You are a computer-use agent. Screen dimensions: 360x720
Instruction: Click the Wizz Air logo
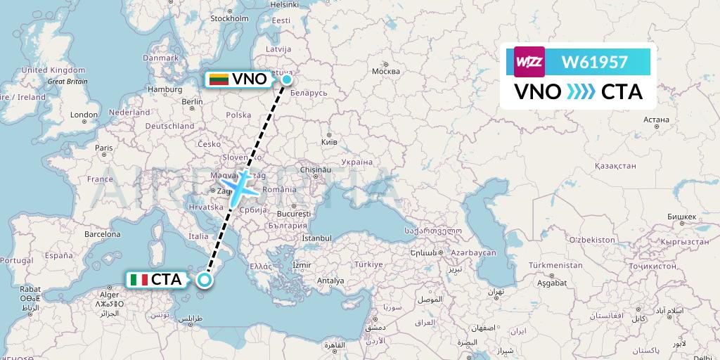click(529, 62)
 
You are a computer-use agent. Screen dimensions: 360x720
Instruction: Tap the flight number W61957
click(594, 63)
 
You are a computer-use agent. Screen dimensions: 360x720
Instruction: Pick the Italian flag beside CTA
click(139, 280)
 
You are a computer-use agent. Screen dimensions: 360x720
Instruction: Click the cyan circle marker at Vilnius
click(287, 79)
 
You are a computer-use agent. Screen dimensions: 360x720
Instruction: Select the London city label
click(84, 115)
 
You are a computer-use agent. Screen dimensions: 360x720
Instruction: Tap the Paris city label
click(104, 148)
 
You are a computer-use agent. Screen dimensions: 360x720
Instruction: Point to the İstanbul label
click(316, 239)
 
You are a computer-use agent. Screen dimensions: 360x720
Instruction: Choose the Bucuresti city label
click(293, 213)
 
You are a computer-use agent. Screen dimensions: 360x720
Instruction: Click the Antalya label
click(330, 281)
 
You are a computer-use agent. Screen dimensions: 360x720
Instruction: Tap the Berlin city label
click(193, 101)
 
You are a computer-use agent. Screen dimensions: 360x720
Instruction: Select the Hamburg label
click(165, 89)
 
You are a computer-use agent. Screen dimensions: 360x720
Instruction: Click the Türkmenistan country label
click(555, 265)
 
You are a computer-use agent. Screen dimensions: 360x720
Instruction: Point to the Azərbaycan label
click(474, 252)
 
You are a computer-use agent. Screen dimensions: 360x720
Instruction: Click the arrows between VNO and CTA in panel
click(581, 92)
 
